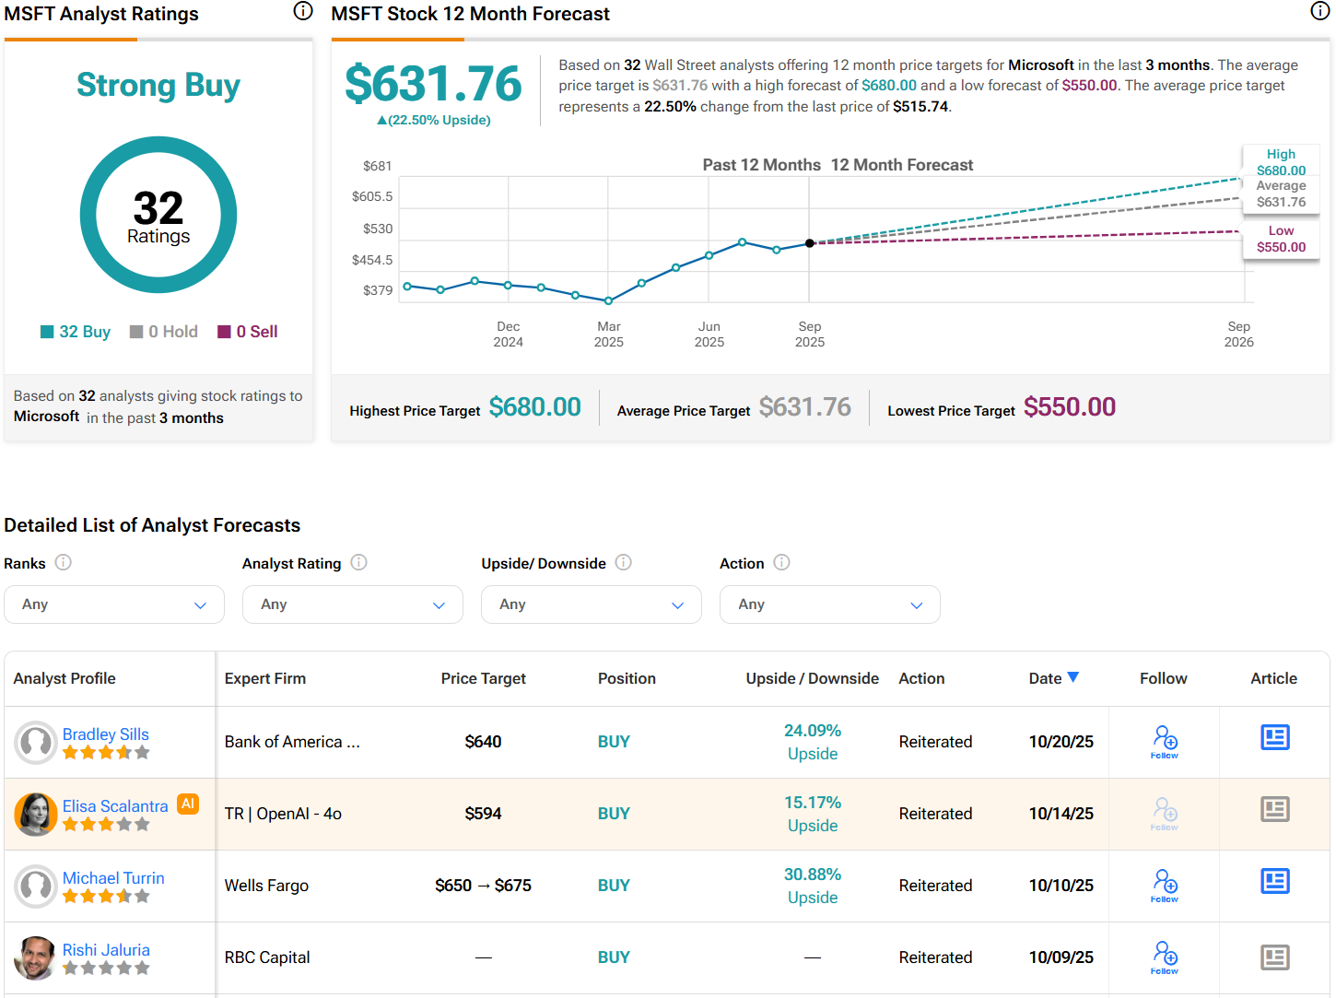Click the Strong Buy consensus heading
[x=158, y=85]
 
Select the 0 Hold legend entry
[x=164, y=332]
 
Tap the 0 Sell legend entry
[x=248, y=332]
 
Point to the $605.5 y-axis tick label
[x=372, y=196]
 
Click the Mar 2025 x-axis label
[x=608, y=334]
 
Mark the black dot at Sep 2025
[x=810, y=243]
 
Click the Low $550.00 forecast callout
[x=1281, y=239]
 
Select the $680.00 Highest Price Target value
[x=534, y=407]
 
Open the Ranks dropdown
[x=114, y=605]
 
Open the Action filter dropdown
[x=829, y=605]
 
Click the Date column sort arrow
[x=1072, y=677]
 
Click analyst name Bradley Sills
[x=106, y=734]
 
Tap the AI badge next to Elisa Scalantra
[x=188, y=804]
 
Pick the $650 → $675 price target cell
[x=483, y=886]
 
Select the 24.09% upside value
[x=813, y=731]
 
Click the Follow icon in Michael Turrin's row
[x=1165, y=884]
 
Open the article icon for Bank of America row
[x=1274, y=737]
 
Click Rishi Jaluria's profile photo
[x=36, y=957]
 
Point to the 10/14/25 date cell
[x=1061, y=814]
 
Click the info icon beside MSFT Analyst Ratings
[x=303, y=11]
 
